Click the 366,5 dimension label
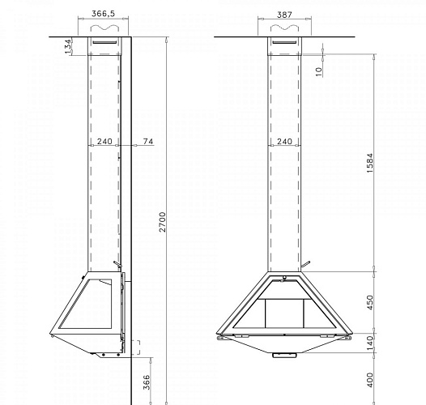pos(103,14)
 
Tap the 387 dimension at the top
pos(284,15)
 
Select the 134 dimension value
pos(69,46)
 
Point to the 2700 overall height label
pos(162,222)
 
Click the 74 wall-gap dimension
pos(147,141)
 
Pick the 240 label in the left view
pos(104,141)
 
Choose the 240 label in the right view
pos(284,141)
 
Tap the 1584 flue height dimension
pos(370,163)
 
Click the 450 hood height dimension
pos(370,302)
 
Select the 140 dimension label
pos(370,343)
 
